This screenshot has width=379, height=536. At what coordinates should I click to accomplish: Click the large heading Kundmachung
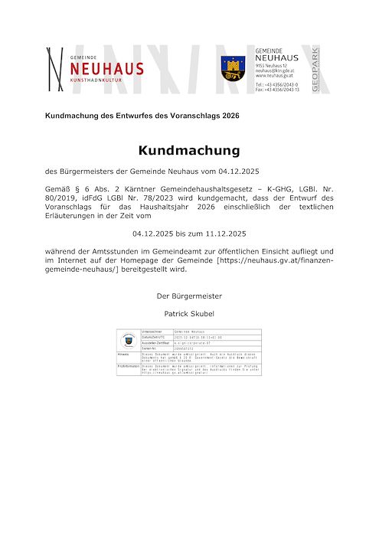coord(189,150)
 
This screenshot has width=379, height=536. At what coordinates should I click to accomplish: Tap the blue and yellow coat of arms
coord(233,68)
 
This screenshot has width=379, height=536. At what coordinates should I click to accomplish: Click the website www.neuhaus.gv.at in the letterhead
coord(274,76)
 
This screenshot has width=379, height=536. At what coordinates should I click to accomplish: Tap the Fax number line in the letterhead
coord(277,90)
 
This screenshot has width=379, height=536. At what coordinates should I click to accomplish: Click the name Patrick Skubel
coord(189,313)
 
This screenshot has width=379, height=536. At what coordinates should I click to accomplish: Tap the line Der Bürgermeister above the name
coord(189,296)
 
